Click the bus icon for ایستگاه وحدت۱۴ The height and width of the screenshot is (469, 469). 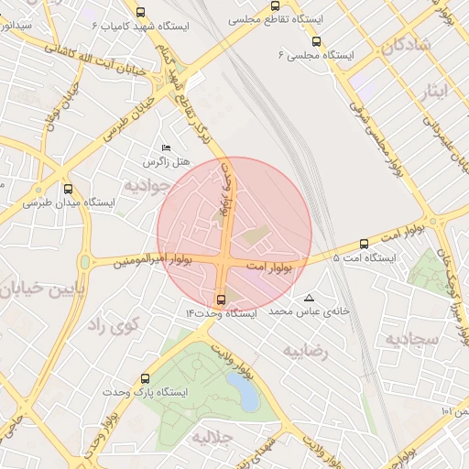point(220,300)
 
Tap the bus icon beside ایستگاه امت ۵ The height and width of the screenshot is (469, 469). point(364,245)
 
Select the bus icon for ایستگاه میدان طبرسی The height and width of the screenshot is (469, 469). point(68,189)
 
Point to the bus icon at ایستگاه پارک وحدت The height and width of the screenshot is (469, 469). point(145,378)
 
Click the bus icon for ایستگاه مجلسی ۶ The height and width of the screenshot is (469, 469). point(316,41)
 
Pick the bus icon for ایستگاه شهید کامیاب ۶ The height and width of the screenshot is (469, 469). point(140,12)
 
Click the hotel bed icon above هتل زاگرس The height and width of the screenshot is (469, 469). point(166,147)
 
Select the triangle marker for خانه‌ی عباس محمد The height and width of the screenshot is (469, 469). point(308,299)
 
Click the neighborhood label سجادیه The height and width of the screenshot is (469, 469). point(413,339)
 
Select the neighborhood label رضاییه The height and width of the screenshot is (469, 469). point(304,350)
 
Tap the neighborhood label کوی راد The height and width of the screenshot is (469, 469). point(113,324)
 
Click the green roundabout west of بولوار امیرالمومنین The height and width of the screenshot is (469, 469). point(85,263)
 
